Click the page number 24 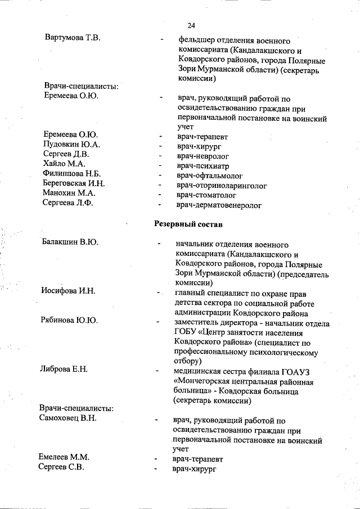pyautogui.click(x=191, y=26)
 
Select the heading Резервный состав pyautogui.click(x=188, y=224)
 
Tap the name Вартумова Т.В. pyautogui.click(x=73, y=38)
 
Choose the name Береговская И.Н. pyautogui.click(x=74, y=183)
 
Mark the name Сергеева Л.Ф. pyautogui.click(x=68, y=203)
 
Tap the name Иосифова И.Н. pyautogui.click(x=67, y=291)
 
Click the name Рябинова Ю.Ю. pyautogui.click(x=69, y=321)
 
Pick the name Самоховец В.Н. pyautogui.click(x=68, y=418)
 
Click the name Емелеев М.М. pyautogui.click(x=64, y=457)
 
